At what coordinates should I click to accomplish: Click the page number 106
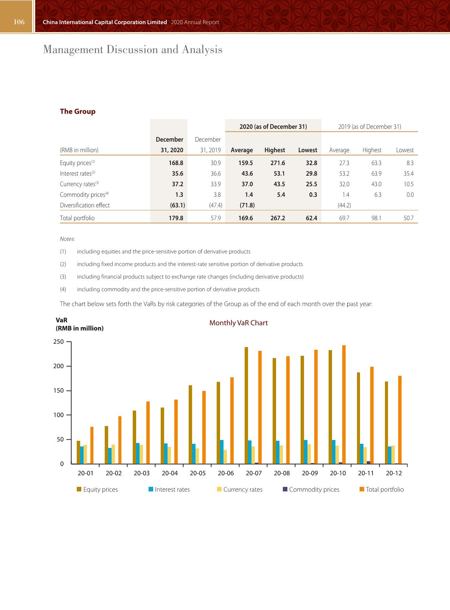pos(19,22)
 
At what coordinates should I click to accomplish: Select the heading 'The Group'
pos(78,111)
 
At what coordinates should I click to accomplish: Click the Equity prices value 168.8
pos(176,163)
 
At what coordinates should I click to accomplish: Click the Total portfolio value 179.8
pos(176,218)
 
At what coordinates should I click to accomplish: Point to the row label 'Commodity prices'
pos(83,195)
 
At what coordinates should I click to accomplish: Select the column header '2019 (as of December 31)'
pos(369,127)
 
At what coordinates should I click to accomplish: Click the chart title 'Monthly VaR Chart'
pos(238,323)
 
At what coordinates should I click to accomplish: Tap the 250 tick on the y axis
pos(59,342)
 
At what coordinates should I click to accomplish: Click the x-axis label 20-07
pos(253,473)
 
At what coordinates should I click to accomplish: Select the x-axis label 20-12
pos(394,473)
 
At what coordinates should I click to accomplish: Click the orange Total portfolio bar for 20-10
pos(344,405)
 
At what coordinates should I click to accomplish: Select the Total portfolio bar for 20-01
pos(92,445)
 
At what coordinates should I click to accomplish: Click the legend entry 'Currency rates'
pos(242,490)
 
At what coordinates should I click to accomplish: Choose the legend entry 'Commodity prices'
pos(314,490)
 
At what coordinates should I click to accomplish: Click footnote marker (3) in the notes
pos(63,277)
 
